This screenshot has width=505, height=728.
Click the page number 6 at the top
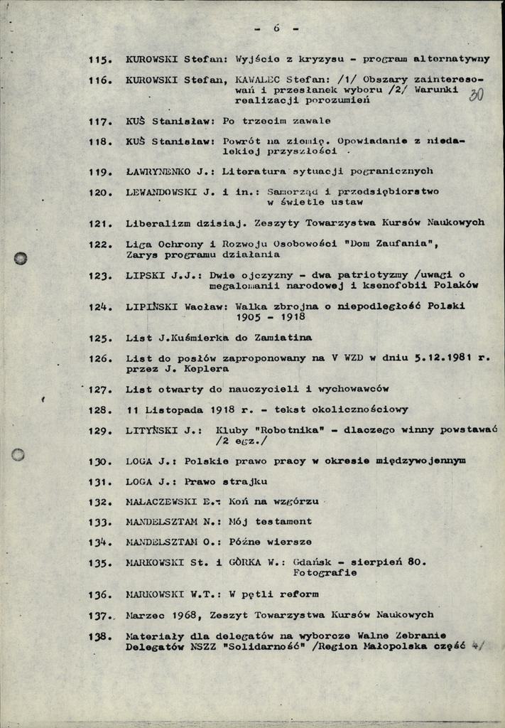(276, 28)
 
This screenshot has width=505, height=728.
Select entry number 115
(100, 60)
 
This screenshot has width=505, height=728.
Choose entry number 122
(100, 244)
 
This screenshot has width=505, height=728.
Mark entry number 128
(100, 410)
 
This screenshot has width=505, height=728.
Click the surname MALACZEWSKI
(161, 501)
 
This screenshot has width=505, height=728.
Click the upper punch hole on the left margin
(20, 258)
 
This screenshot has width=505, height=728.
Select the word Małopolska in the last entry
(393, 646)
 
